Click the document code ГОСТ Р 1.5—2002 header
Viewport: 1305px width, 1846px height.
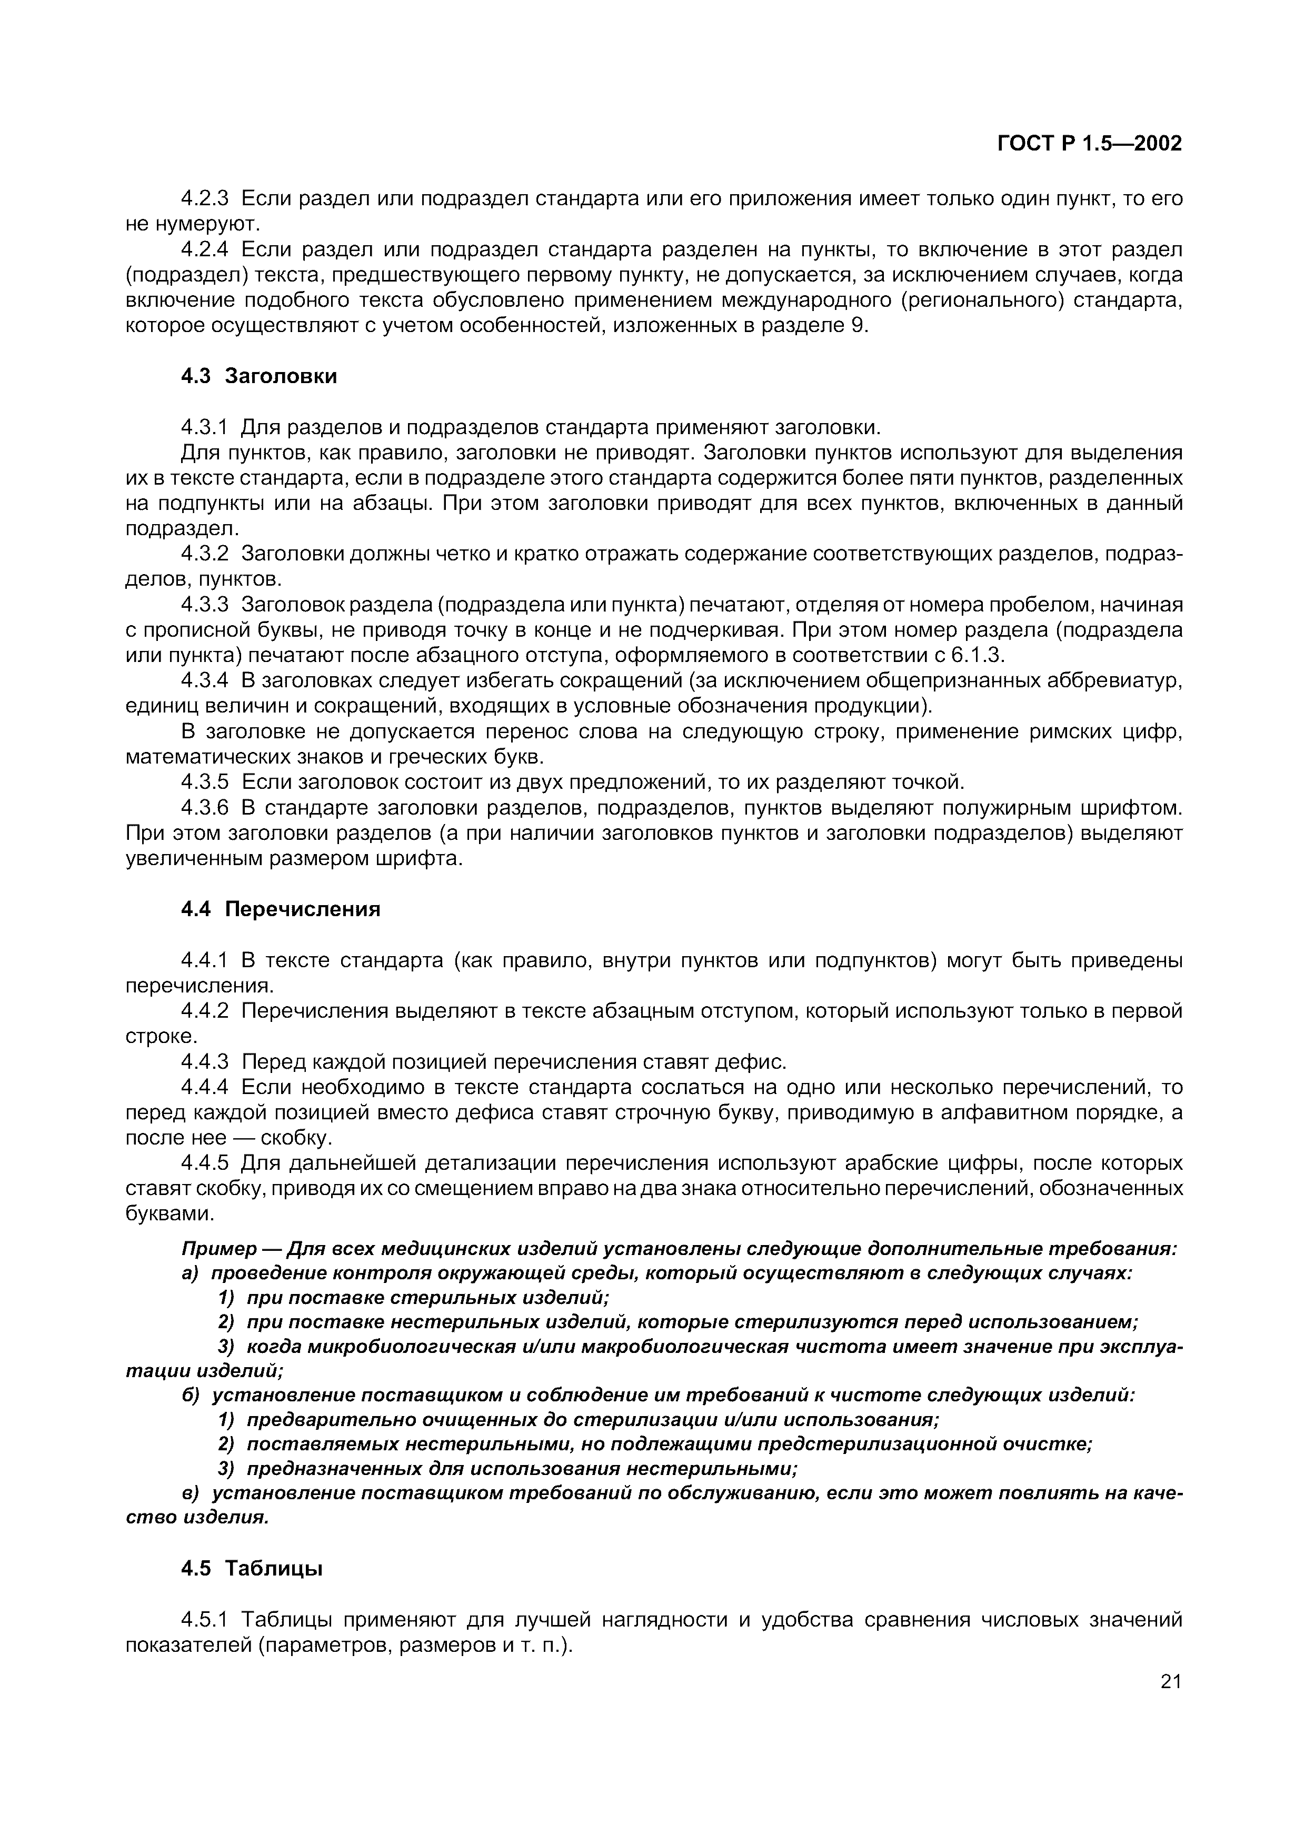(x=1090, y=144)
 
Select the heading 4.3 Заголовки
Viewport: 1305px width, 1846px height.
(x=258, y=376)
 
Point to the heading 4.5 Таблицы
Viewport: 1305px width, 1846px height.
(x=251, y=1569)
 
